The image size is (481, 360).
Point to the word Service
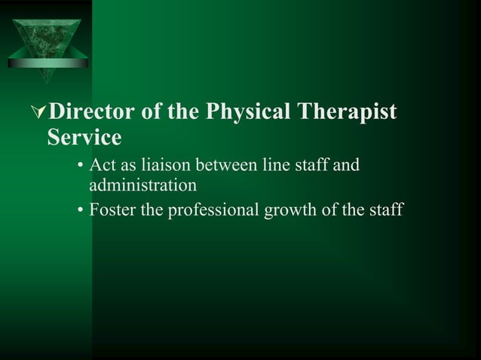point(84,139)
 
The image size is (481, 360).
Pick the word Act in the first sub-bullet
point(102,165)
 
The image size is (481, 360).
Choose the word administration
point(142,184)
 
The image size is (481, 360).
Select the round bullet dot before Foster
point(81,211)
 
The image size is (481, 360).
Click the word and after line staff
point(346,165)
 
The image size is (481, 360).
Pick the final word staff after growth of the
point(387,209)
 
